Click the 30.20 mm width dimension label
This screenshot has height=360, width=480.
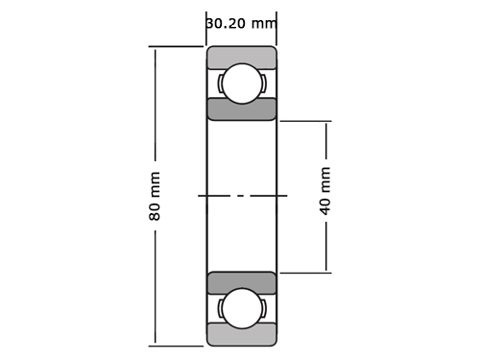click(241, 23)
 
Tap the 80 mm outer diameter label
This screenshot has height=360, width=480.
click(155, 196)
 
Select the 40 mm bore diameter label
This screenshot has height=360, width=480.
click(324, 191)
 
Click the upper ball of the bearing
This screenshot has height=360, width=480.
click(242, 84)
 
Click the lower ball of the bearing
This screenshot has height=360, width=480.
click(242, 308)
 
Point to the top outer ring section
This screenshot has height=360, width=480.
click(242, 57)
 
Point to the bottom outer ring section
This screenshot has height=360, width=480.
click(242, 334)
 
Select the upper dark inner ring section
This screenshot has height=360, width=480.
click(242, 109)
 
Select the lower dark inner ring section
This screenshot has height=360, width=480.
click(242, 283)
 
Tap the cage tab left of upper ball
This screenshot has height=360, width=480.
click(220, 84)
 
